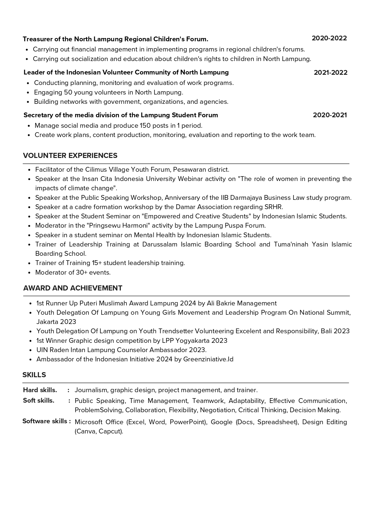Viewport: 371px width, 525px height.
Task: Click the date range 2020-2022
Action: [329, 38]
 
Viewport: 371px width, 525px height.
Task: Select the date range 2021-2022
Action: [330, 73]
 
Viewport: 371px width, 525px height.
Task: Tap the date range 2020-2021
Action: [330, 115]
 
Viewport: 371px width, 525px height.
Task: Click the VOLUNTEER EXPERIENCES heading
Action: [70, 156]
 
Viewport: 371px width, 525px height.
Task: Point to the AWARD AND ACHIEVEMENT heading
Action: [73, 288]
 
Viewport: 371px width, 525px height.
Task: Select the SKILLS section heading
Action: [34, 375]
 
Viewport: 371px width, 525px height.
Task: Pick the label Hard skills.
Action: [40, 390]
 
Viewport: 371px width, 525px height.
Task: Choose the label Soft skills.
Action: [39, 401]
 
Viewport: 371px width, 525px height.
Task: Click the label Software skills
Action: [45, 421]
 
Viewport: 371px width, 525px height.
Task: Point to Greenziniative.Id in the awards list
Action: [208, 359]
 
